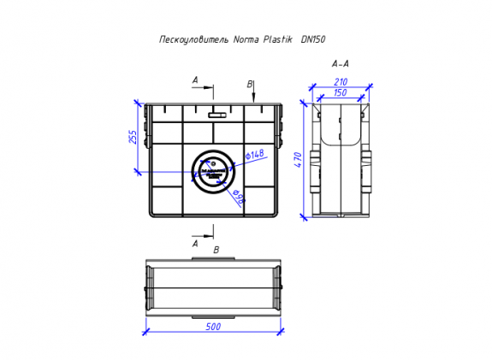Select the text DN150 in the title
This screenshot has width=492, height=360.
pyautogui.click(x=313, y=39)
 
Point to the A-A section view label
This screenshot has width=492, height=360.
pyautogui.click(x=340, y=63)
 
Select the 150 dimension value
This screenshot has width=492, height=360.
pyautogui.click(x=340, y=92)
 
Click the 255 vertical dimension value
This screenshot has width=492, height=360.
pyautogui.click(x=133, y=137)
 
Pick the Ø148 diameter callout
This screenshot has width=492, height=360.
pyautogui.click(x=255, y=155)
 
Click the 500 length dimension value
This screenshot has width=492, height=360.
pyautogui.click(x=213, y=326)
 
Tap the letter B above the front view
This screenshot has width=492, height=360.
pyautogui.click(x=249, y=84)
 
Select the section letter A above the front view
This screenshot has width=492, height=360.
pyautogui.click(x=195, y=80)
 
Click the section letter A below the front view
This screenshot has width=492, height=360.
pyautogui.click(x=195, y=243)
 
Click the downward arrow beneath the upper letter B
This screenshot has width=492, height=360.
pyautogui.click(x=254, y=97)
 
